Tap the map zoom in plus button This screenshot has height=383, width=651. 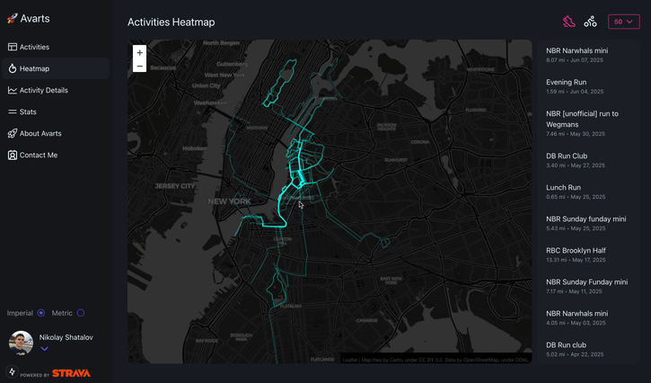click(140, 53)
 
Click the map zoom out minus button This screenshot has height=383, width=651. click(140, 67)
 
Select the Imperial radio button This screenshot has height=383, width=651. click(41, 313)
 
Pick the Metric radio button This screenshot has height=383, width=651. click(81, 313)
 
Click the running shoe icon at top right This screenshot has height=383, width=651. click(568, 22)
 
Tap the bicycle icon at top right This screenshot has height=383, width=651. click(590, 22)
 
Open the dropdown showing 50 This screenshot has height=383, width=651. click(624, 22)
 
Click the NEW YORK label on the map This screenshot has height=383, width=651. click(229, 201)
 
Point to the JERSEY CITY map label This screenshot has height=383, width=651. click(174, 185)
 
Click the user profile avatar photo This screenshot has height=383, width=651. click(21, 343)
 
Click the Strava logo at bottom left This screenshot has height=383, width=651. click(70, 373)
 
